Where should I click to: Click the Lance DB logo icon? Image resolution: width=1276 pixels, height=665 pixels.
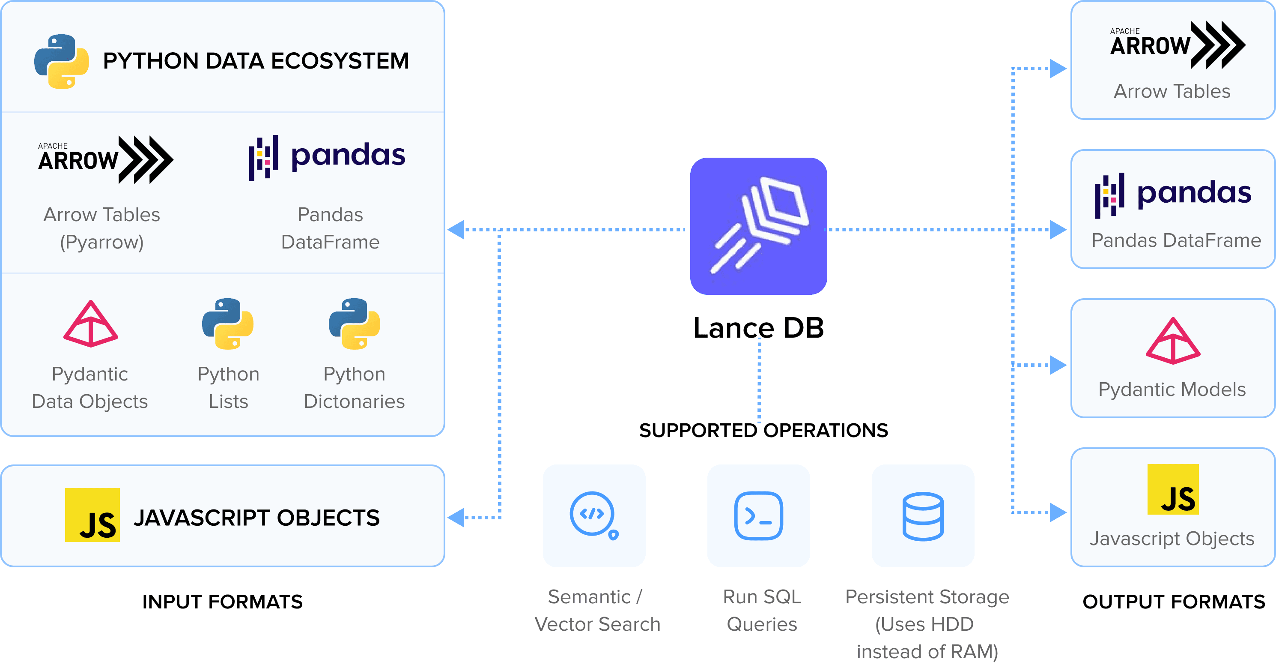coord(758,226)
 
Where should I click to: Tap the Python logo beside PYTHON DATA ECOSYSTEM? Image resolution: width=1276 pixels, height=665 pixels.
coord(61,61)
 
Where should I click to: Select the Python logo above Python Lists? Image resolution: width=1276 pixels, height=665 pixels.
coord(228,324)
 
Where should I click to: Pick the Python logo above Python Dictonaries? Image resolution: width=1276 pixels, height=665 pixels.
coord(354,324)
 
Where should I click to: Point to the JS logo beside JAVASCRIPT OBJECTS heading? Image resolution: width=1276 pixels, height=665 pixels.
coord(92,515)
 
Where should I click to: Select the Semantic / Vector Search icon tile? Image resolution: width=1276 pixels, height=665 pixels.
coord(594,515)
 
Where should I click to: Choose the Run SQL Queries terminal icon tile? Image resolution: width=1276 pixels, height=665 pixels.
coord(758,515)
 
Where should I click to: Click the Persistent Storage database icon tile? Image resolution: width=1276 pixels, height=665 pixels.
coord(923,515)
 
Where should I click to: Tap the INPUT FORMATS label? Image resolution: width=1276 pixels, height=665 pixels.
coord(222,602)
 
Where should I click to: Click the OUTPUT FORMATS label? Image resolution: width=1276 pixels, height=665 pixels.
coord(1174,602)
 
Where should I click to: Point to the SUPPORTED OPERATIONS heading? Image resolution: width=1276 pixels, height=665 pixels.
coord(763,430)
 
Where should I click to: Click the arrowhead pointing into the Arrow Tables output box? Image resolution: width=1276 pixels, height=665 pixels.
coord(1058,69)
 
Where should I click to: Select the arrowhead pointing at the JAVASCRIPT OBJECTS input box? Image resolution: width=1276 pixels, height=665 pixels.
coord(456,517)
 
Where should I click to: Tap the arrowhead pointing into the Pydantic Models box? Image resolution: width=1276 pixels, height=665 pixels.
coord(1058,365)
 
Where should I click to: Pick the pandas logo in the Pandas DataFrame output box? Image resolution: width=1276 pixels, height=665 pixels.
coord(1173,195)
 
